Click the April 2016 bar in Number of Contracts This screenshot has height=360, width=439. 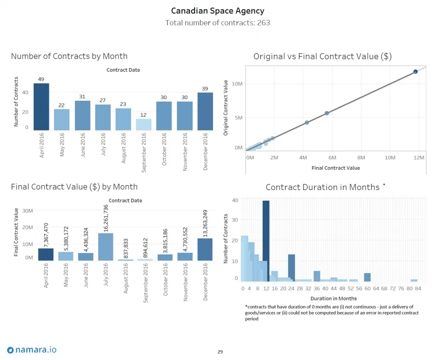point(41,107)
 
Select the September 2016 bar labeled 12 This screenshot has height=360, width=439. point(144,124)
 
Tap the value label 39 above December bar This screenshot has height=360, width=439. point(205,88)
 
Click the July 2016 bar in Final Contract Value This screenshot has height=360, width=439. point(105,247)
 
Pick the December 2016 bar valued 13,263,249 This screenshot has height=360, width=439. point(205,249)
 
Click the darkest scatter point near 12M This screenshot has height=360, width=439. point(415,72)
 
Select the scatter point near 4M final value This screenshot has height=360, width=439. point(307,123)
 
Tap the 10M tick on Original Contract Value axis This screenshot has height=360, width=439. point(237,84)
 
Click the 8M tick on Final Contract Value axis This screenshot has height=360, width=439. point(361,158)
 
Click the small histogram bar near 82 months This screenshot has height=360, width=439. point(414,280)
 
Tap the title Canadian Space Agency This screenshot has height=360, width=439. point(217,11)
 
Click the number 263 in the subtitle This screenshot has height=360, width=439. point(263,22)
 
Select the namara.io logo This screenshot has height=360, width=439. point(32,350)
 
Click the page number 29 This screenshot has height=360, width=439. point(219,352)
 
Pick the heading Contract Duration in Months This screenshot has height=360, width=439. point(322,187)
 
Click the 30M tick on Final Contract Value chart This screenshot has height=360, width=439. point(27,211)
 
